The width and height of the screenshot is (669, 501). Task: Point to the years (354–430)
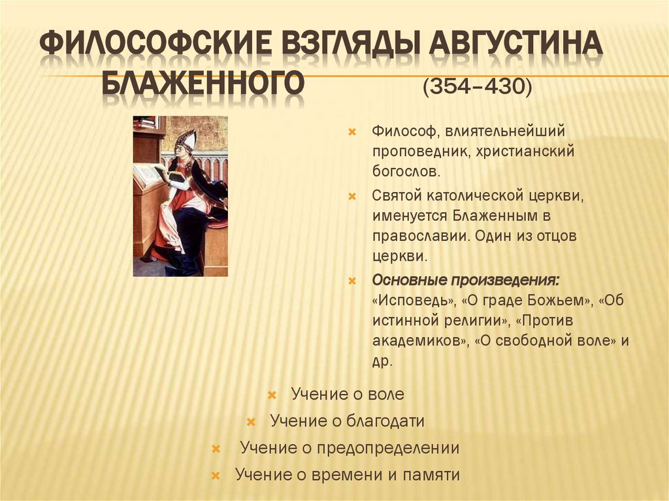(477, 87)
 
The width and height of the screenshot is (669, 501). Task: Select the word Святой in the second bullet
(398, 195)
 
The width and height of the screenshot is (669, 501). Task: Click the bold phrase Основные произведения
(466, 280)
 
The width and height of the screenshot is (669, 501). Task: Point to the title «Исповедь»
(414, 300)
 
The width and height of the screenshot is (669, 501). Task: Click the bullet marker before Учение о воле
(272, 395)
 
